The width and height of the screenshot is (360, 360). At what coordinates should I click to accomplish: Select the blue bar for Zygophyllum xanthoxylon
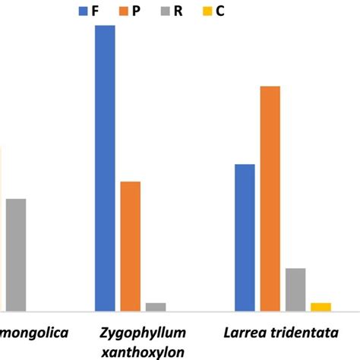pyautogui.click(x=105, y=168)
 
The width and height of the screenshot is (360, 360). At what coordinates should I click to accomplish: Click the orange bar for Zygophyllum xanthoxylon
pyautogui.click(x=131, y=246)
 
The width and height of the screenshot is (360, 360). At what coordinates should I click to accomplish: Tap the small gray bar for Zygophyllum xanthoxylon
pyautogui.click(x=156, y=307)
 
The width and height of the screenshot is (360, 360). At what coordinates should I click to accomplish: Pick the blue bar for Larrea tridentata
pyautogui.click(x=245, y=238)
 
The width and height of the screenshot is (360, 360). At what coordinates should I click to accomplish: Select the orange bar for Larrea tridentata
pyautogui.click(x=270, y=198)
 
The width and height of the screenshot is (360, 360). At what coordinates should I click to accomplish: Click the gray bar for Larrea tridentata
pyautogui.click(x=295, y=289)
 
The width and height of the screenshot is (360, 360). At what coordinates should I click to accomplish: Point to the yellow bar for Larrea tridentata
pyautogui.click(x=321, y=307)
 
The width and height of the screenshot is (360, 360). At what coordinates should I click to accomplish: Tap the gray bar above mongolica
pyautogui.click(x=15, y=254)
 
